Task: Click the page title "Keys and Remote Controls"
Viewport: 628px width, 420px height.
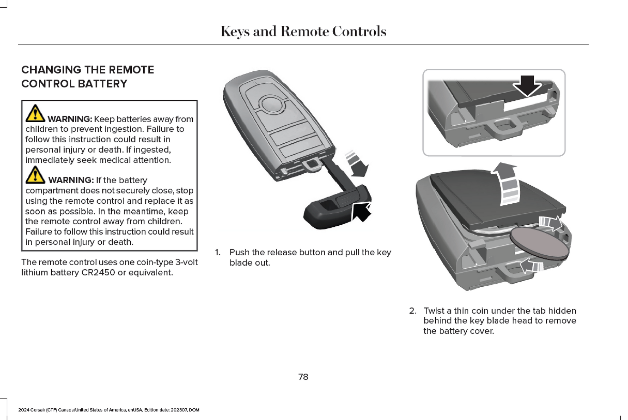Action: pyautogui.click(x=303, y=32)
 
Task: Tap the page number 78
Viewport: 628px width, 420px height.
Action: pyautogui.click(x=303, y=377)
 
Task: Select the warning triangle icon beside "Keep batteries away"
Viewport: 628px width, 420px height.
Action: pyautogui.click(x=35, y=114)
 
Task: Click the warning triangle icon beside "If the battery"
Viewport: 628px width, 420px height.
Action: pyautogui.click(x=35, y=175)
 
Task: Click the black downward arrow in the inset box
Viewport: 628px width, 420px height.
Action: pyautogui.click(x=527, y=86)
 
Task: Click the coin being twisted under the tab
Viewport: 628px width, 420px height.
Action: pyautogui.click(x=539, y=242)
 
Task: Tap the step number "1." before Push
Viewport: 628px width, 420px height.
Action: pyautogui.click(x=218, y=252)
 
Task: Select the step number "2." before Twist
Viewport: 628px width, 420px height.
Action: pyautogui.click(x=412, y=311)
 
